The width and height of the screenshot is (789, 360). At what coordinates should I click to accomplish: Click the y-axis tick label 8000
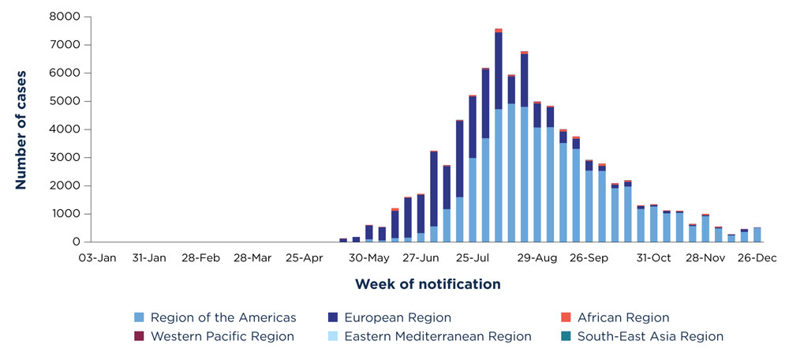click(63, 17)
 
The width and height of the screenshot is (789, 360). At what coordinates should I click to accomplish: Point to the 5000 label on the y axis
click(63, 101)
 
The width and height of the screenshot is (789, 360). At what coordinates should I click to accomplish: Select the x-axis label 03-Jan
click(97, 257)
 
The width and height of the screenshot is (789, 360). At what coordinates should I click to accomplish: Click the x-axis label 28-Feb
click(200, 257)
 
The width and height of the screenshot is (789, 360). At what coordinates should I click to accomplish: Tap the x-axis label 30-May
click(368, 257)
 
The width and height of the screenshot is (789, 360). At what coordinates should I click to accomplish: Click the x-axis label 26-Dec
click(756, 257)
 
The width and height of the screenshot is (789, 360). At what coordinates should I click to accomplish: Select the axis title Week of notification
click(427, 283)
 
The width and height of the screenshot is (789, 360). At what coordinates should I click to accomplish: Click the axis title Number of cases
click(21, 129)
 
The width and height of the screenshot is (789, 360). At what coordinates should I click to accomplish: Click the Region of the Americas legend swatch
click(140, 318)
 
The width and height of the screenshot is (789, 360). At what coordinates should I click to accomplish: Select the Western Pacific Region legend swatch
click(140, 336)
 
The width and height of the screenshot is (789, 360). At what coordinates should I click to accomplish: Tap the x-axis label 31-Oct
click(653, 257)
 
